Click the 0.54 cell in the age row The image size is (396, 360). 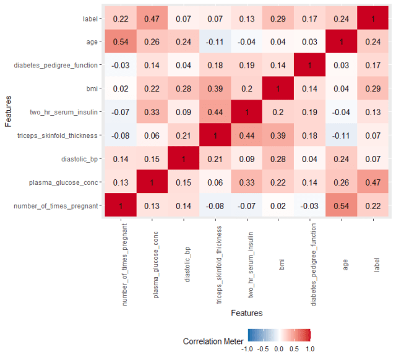pos(120,43)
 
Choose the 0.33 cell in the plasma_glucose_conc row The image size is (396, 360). pos(246,182)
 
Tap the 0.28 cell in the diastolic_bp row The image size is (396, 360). pos(278,159)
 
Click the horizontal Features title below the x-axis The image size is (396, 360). pos(246,313)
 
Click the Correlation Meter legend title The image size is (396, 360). pos(213,341)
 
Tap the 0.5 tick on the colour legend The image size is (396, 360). pos(294,349)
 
